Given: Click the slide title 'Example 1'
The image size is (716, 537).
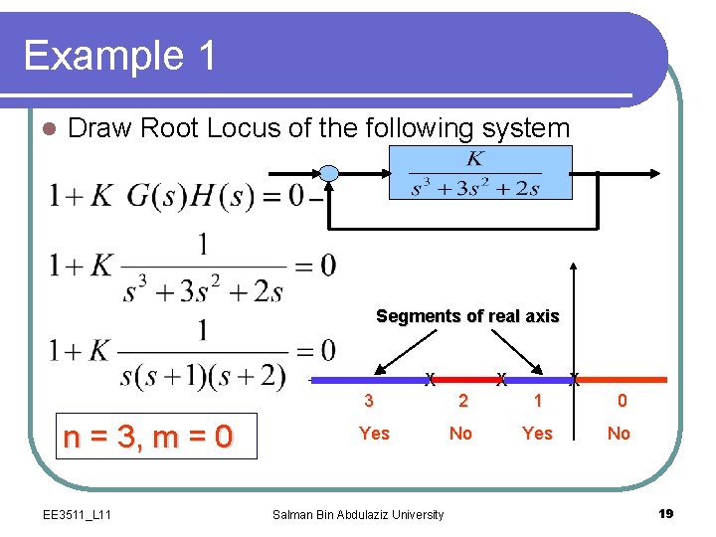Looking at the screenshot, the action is (x=120, y=55).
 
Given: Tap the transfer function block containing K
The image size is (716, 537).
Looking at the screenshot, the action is (x=479, y=173).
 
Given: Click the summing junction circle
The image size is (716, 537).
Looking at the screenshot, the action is (x=329, y=174).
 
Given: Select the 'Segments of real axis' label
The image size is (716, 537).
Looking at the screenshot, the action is (x=467, y=316).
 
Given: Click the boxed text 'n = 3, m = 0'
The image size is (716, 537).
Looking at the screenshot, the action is (x=147, y=436).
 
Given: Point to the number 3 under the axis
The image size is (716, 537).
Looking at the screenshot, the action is (x=369, y=402).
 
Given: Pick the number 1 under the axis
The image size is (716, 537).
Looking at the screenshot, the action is (x=538, y=402).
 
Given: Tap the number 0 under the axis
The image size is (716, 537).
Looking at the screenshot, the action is (x=622, y=402).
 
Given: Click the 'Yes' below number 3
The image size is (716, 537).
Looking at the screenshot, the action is (x=374, y=434).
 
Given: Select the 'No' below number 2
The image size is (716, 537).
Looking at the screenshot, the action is (x=460, y=434).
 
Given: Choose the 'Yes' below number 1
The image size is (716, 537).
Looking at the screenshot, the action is (x=537, y=434).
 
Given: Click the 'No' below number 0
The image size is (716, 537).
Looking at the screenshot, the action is (x=619, y=434).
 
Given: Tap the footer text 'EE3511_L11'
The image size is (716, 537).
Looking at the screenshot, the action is (x=78, y=514).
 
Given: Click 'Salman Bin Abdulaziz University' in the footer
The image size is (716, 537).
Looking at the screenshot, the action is (x=358, y=514).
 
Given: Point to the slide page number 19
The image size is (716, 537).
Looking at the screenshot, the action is (x=666, y=513).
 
